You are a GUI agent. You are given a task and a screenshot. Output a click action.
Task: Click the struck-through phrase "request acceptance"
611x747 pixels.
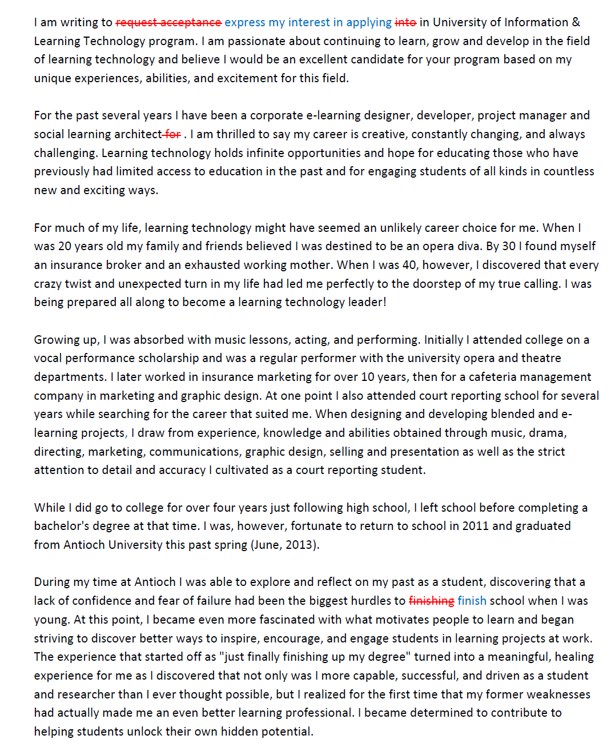tap(168, 22)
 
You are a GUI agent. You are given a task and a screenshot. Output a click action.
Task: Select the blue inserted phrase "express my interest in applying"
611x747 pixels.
tap(308, 22)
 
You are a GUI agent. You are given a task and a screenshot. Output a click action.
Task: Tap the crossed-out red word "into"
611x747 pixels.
tap(405, 22)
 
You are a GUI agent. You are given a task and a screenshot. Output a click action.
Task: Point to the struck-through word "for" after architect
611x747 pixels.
tap(172, 134)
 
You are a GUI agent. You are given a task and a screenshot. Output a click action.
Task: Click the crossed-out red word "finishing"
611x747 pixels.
tap(432, 601)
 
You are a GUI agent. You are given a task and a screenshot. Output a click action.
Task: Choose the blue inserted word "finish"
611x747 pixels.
tap(472, 601)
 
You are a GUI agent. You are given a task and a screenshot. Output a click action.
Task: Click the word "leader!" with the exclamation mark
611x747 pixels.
tap(367, 302)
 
